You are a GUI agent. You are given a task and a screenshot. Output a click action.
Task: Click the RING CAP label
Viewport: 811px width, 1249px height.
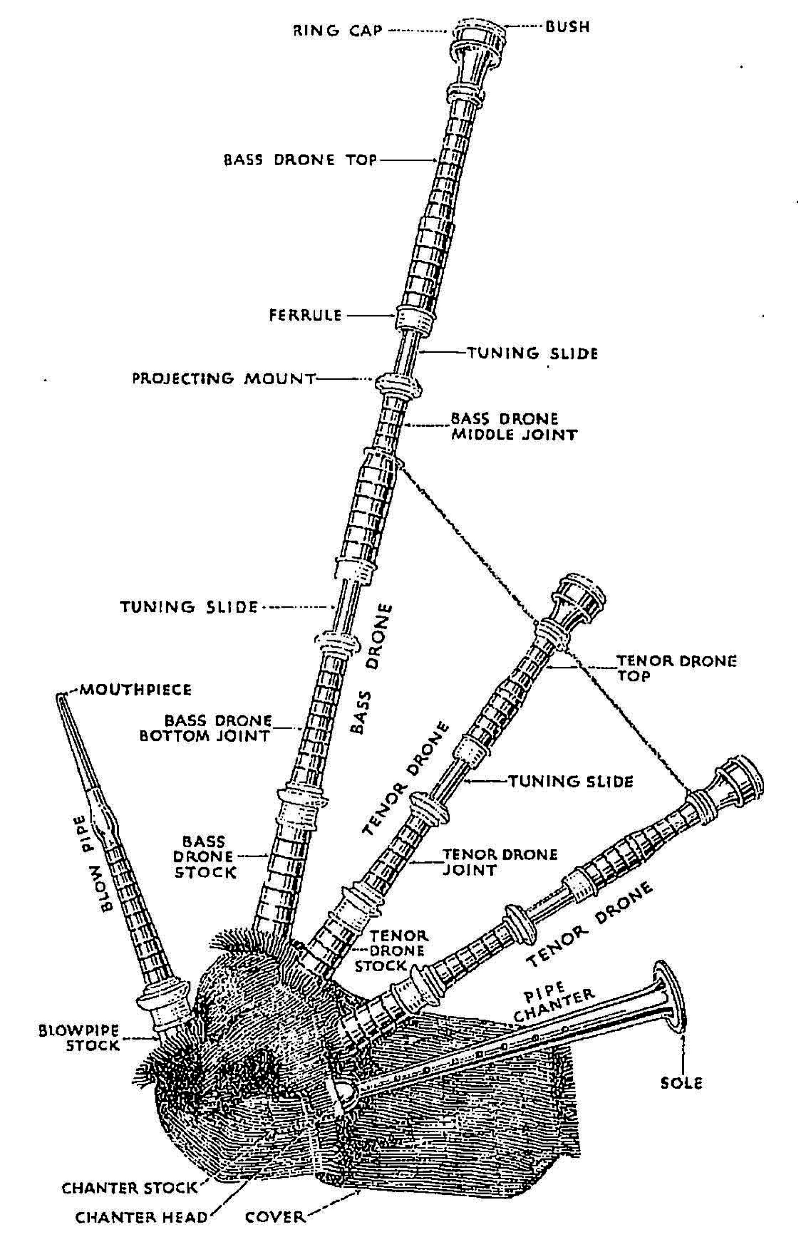[337, 30]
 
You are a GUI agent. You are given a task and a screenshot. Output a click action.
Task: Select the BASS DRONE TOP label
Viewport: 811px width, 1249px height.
[300, 160]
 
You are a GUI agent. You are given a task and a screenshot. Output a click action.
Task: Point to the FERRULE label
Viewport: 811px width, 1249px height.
[305, 315]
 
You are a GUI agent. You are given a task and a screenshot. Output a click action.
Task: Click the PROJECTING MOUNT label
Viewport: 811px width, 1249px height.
[224, 378]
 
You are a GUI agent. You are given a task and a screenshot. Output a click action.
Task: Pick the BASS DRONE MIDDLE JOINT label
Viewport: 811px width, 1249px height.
[514, 426]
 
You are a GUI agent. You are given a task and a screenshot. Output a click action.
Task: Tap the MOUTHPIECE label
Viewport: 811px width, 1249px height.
[134, 689]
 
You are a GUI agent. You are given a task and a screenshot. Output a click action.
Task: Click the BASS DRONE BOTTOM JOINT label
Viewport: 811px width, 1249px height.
[205, 728]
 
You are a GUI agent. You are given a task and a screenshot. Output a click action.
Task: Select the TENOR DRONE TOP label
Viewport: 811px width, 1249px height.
[676, 668]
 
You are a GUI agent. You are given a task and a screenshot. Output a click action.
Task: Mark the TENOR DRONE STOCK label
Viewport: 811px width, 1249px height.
[389, 951]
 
